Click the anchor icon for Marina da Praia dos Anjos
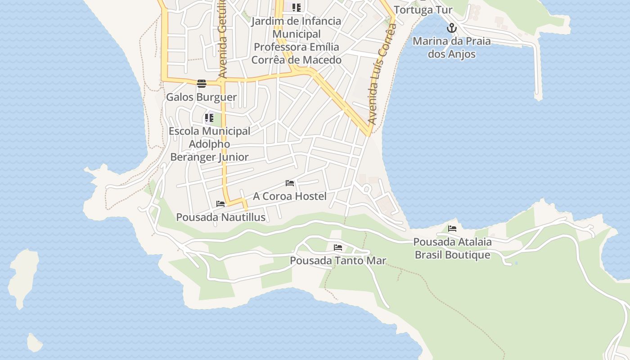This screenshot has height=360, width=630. [451, 28]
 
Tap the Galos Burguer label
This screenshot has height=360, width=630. [201, 97]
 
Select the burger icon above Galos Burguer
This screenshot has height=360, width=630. [201, 83]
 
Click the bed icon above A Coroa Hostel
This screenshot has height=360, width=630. [290, 183]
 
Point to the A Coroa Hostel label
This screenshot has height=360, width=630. [289, 196]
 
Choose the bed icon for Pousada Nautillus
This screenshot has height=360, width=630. [220, 204]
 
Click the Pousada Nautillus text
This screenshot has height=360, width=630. [220, 217]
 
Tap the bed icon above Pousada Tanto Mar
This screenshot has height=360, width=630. [338, 247]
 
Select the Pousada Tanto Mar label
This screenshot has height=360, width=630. [338, 261]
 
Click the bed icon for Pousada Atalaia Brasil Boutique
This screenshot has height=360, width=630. [452, 229]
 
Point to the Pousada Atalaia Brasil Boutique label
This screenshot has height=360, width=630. [452, 248]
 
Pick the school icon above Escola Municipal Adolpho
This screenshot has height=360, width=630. [209, 118]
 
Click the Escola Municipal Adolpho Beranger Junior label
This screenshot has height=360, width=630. [209, 144]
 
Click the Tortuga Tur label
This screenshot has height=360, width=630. [423, 10]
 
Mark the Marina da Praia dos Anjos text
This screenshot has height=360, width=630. [451, 48]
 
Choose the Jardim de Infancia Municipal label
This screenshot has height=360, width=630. [296, 40]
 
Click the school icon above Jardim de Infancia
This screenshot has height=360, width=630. [296, 8]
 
